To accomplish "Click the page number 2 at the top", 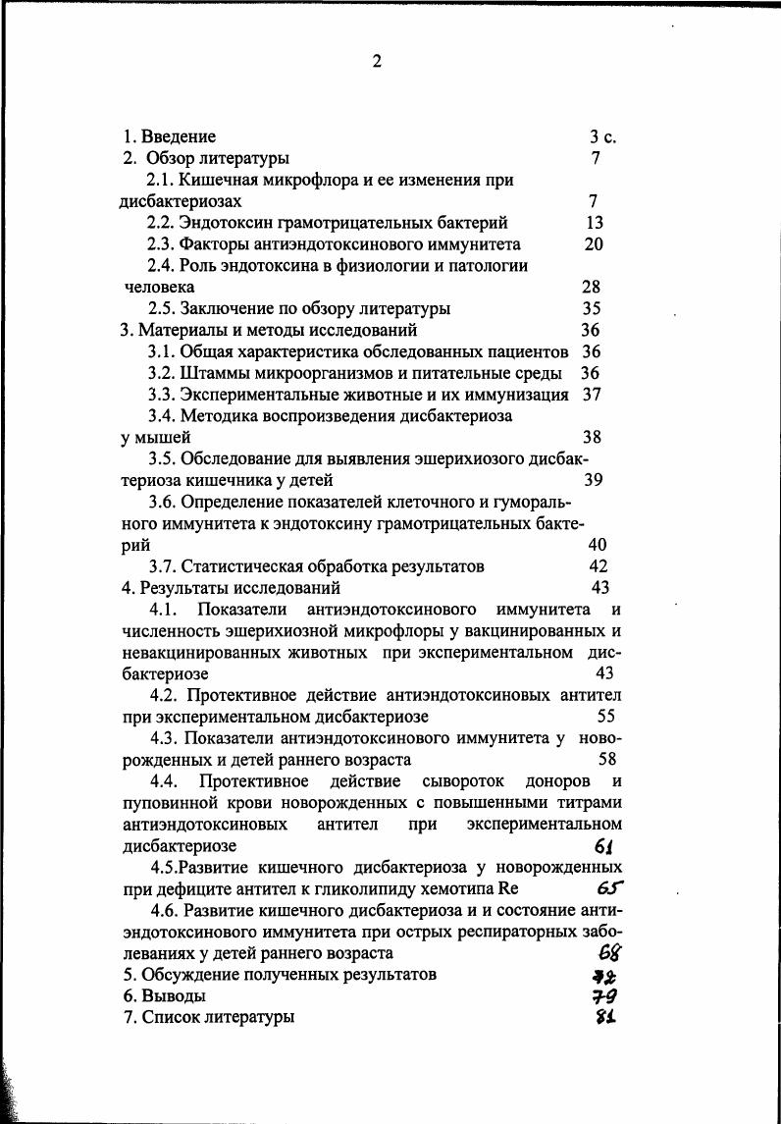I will click(376, 62).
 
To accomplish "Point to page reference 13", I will click(594, 223).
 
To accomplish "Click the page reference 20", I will click(594, 244).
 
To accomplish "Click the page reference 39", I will click(594, 480).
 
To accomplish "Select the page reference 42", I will click(599, 566).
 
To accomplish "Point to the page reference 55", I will click(606, 717).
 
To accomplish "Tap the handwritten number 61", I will click(604, 846).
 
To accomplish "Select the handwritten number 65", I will click(609, 889).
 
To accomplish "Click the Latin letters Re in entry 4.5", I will click(507, 889).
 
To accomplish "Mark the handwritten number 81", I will click(604, 1018).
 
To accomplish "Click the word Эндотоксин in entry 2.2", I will click(224, 223).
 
